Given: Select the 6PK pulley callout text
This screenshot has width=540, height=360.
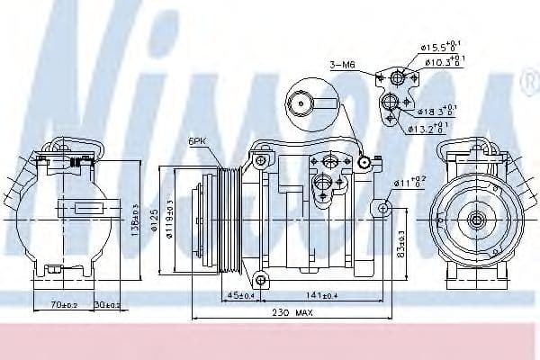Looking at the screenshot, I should [x=199, y=141].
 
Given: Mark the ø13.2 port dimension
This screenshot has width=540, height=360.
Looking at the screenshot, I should [x=427, y=129].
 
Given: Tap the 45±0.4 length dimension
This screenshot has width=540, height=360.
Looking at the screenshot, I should [x=241, y=294].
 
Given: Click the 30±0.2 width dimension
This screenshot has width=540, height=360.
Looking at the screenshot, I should [x=108, y=305].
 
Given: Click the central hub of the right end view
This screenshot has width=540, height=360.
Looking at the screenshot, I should [x=475, y=219].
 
